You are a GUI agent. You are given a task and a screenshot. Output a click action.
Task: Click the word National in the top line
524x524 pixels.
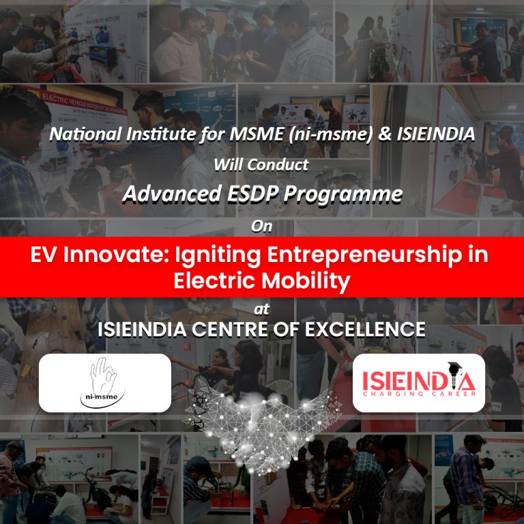coord(85,134)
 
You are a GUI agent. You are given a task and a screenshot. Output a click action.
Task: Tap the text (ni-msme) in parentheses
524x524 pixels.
coord(331,134)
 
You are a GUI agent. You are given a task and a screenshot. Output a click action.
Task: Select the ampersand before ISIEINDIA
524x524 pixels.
coord(385,134)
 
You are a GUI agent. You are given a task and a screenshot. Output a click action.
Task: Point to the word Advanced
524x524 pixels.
coord(172,194)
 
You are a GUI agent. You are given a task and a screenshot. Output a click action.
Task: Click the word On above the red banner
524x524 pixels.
coord(262,227)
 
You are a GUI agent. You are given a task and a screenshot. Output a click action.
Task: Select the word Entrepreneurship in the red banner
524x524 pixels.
coord(362,256)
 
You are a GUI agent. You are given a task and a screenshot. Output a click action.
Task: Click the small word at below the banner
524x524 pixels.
coord(262,310)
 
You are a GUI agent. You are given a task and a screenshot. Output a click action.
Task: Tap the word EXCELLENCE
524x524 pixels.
coord(365,330)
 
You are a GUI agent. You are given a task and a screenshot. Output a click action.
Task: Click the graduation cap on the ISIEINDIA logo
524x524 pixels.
coord(456,367)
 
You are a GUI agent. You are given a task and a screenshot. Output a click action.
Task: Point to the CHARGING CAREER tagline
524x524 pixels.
coord(419,394)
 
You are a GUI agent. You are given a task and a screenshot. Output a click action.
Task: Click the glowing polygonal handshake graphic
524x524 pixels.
coord(262,428)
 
